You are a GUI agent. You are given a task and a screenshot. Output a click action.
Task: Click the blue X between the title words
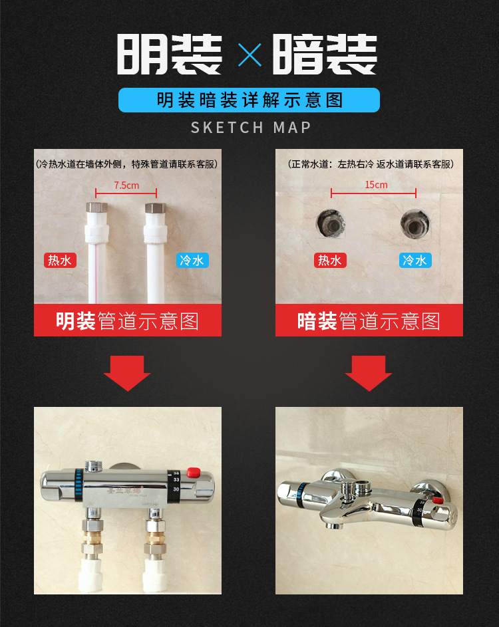249,55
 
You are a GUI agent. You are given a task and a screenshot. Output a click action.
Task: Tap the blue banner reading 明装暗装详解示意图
249,100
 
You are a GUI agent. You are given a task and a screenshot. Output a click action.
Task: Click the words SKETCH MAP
251,127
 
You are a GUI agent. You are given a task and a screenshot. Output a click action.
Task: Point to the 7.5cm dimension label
126,186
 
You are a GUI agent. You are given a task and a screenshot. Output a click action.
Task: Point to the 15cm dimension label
376,185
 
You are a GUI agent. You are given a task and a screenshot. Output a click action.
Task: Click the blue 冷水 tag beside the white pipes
192,260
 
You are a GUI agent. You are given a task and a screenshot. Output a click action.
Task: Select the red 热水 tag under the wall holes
330,260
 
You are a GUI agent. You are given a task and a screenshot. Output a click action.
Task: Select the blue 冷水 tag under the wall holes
415,260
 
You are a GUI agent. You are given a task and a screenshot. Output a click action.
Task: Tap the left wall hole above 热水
330,225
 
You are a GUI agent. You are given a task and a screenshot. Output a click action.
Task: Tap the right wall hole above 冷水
415,225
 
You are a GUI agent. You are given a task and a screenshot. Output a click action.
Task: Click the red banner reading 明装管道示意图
128,321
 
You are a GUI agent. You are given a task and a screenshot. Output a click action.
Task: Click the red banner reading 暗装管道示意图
369,321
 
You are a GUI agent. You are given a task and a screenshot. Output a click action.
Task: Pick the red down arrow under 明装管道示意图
127,373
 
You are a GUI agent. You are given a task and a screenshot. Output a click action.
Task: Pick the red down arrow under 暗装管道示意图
369,373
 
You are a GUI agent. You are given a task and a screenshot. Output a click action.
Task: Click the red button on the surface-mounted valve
194,473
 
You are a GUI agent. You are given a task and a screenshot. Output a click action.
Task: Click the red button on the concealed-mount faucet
436,500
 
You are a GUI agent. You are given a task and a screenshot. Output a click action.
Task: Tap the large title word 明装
170,55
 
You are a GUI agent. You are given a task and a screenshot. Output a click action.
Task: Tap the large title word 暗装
326,55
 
